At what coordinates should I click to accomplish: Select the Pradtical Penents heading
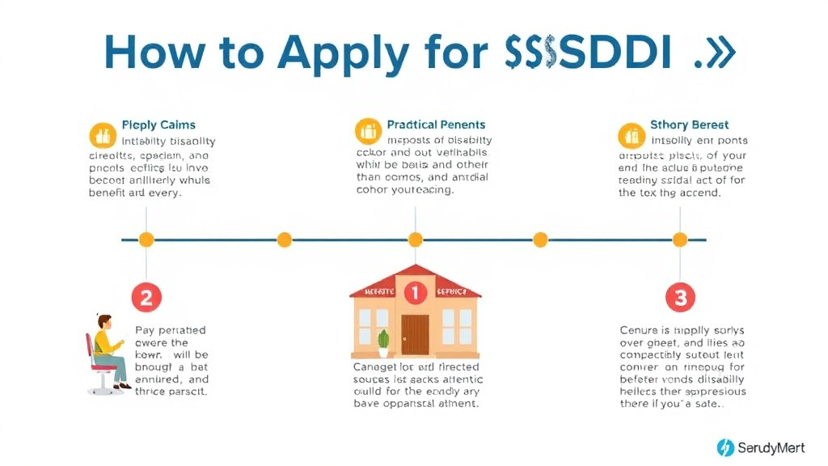click(x=436, y=125)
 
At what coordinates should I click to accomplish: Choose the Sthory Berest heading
click(x=689, y=125)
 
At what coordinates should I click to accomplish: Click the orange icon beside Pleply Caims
click(x=101, y=133)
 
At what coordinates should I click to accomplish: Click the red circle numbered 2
click(x=146, y=298)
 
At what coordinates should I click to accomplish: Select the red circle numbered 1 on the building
click(x=415, y=292)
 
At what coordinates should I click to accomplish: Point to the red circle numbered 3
click(x=680, y=298)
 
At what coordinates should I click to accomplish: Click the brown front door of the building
click(x=415, y=334)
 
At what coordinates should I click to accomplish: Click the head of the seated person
click(x=103, y=321)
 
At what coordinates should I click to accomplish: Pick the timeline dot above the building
click(x=415, y=239)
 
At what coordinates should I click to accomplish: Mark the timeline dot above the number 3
click(x=680, y=239)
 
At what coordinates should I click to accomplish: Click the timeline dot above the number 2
click(x=146, y=239)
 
